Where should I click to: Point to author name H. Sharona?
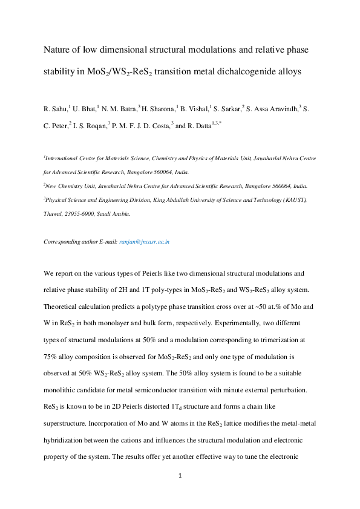click(x=157, y=109)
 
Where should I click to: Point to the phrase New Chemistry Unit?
click(x=72, y=186)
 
